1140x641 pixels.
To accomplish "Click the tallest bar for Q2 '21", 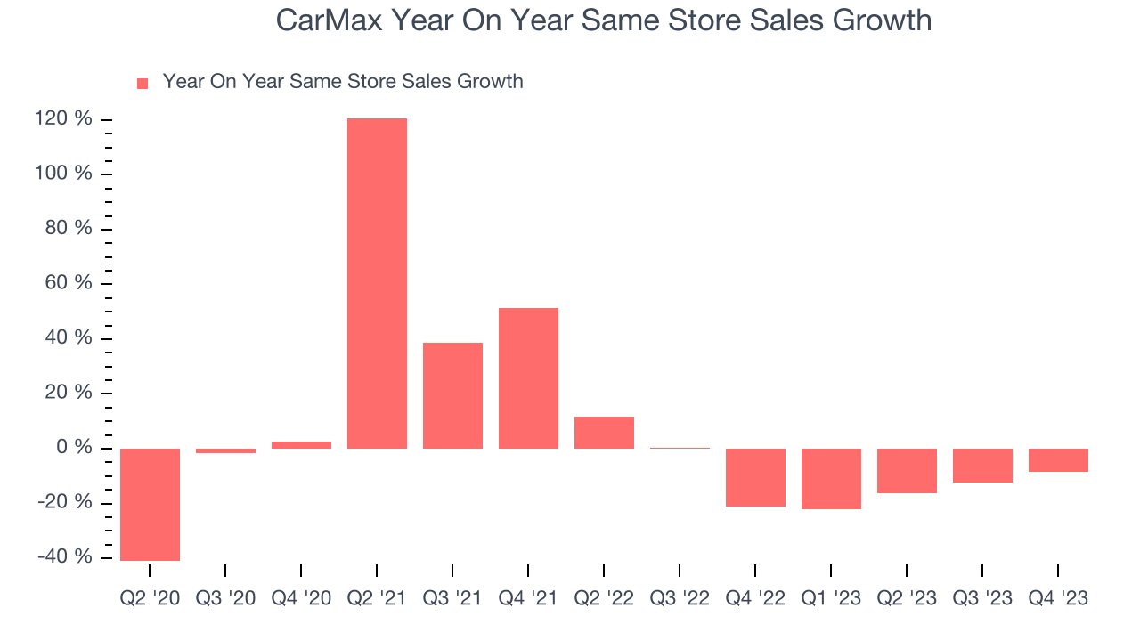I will point(377,283).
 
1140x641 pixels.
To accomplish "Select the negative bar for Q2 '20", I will point(150,504).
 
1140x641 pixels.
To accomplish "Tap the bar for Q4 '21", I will point(528,378).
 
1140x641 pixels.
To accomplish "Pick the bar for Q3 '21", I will point(452,395).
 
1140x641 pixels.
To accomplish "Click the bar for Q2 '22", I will point(604,433).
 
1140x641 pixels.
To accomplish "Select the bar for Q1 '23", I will point(831,479).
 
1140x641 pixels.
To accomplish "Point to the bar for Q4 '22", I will point(755,477).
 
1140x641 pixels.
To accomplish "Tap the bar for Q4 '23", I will point(1058,460).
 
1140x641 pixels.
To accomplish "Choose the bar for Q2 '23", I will point(907,471).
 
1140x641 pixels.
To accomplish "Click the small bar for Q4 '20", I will point(301,445).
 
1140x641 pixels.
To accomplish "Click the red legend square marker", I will point(142,84).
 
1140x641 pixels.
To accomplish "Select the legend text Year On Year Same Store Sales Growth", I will point(343,82).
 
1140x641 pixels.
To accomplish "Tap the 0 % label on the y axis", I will point(76,448).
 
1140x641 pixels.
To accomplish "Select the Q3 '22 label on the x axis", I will point(680,599).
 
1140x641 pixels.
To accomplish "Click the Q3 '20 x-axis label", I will point(225,599).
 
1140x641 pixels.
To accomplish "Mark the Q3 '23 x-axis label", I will point(982,599).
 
